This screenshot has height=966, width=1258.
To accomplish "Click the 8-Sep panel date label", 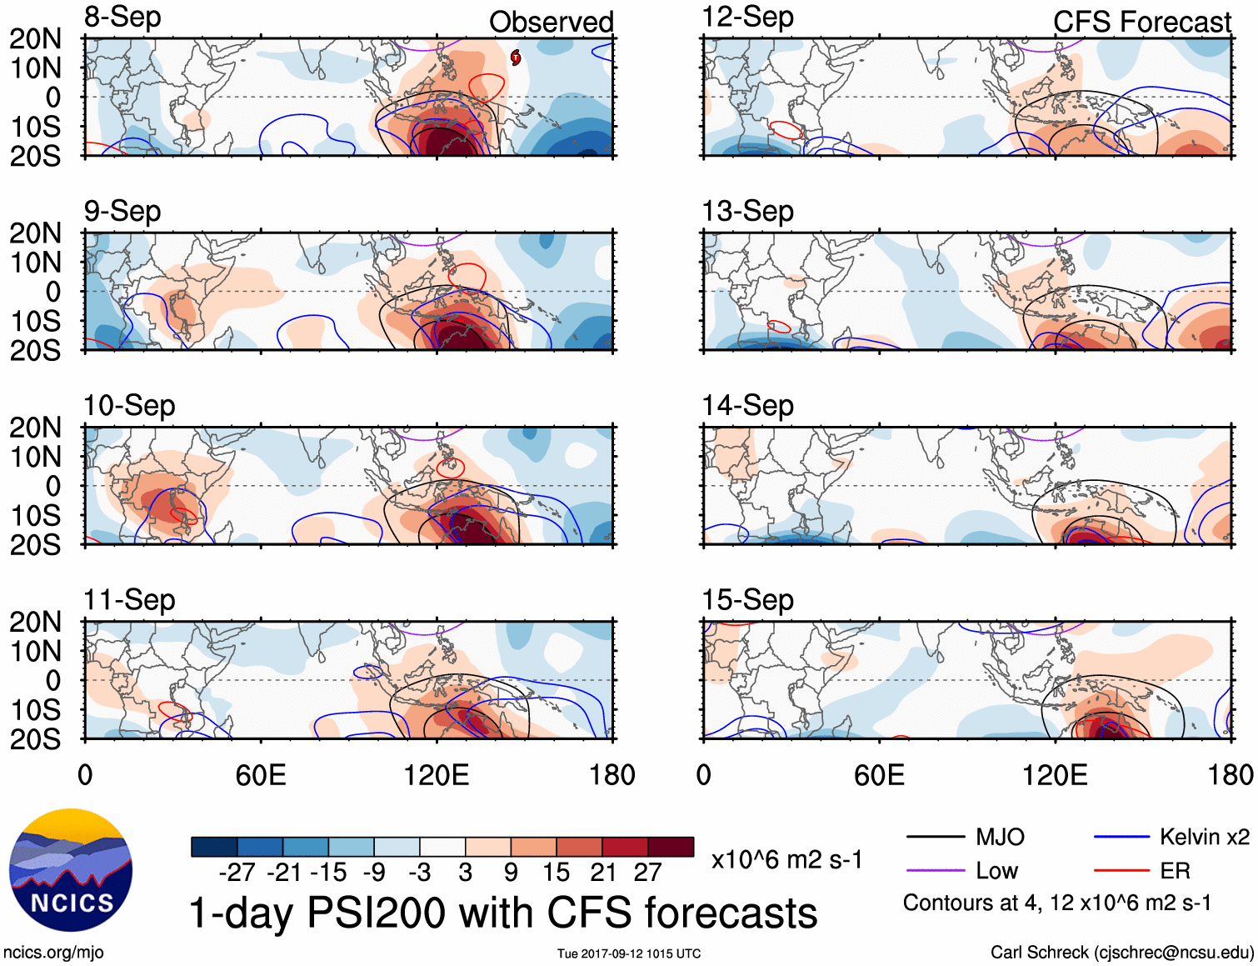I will point(122,17).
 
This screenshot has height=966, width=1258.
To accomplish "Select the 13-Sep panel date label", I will point(747,211).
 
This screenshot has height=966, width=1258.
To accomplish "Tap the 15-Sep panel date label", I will point(747,599).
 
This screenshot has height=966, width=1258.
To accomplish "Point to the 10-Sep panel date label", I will point(129,405).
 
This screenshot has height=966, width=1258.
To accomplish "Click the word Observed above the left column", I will point(551,22).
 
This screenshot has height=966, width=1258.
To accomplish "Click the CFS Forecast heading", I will point(1141,22).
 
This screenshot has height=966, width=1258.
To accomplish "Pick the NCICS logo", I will point(71,870).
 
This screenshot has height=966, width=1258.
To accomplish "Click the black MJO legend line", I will point(935,837).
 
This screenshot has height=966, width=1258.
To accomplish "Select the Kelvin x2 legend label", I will point(1204,837).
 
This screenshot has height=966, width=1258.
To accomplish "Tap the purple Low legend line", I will point(935,871).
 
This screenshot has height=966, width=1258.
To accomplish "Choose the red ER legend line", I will point(1121,871).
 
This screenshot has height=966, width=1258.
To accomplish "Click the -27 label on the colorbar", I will point(237,873).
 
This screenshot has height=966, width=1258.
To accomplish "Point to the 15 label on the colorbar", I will point(556,873).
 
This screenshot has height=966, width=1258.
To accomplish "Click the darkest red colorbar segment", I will point(671,847).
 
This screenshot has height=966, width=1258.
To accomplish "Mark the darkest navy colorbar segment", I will point(214,847).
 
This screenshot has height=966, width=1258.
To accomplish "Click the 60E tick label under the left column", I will point(261,775).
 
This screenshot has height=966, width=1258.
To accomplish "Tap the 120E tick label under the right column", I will point(1055,775).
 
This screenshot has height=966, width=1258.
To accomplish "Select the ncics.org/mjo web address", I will point(53,952).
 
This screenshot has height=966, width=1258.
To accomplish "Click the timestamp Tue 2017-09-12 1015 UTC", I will point(629,953).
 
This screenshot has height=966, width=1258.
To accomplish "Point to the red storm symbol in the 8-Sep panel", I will point(516,57).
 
